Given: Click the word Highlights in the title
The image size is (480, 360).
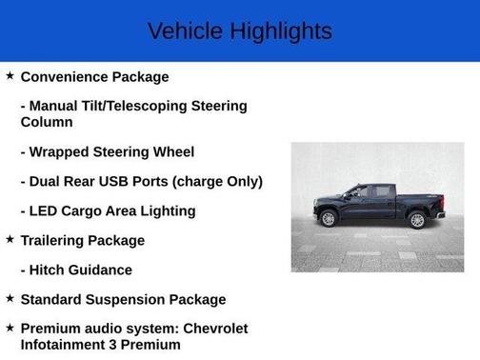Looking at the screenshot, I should coord(282,31).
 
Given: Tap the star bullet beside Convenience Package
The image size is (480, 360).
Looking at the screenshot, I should coord(10,75).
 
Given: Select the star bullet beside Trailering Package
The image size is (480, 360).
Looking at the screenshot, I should coord(10,239).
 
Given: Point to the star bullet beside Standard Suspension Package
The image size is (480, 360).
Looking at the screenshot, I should coord(10,298).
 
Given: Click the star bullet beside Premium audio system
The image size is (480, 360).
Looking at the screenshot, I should coord(10,328).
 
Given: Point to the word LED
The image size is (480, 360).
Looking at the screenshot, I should coord(43,210).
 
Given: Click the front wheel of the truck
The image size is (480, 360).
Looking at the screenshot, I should coord(329,218).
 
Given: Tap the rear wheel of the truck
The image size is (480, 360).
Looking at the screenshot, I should coord(415,220).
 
